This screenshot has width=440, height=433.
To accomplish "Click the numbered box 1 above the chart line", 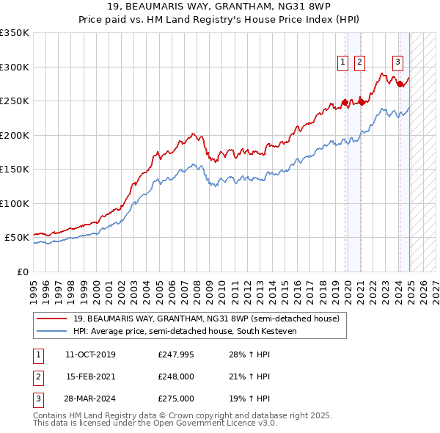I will tap(343, 62).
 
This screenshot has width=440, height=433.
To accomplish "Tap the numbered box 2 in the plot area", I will tap(359, 62).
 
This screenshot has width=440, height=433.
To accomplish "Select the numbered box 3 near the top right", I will tap(397, 62).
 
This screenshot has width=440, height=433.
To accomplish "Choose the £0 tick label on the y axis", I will tap(22, 272).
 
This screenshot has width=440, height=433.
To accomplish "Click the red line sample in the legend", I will tap(52, 319).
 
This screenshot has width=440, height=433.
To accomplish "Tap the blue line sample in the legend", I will tap(52, 332).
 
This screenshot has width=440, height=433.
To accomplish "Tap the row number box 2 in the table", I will tap(37, 377).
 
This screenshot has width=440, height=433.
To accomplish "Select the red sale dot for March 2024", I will tap(400, 84).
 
